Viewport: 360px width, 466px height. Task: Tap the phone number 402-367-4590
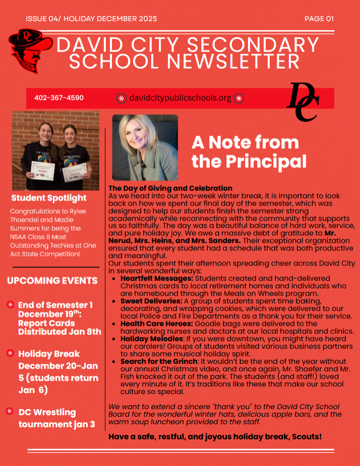pyautogui.click(x=59, y=98)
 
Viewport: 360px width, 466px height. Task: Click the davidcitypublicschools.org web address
pyautogui.click(x=180, y=98)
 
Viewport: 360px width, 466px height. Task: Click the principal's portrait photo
pyautogui.click(x=145, y=147)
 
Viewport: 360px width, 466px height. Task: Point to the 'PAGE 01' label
pyautogui.click(x=319, y=19)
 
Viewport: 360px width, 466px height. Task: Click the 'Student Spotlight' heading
pyautogui.click(x=49, y=198)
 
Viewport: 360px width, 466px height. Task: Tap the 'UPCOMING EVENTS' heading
pyautogui.click(x=52, y=281)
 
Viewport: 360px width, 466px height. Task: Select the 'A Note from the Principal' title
pyautogui.click(x=249, y=152)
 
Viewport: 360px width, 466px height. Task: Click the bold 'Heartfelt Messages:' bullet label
pyautogui.click(x=157, y=278)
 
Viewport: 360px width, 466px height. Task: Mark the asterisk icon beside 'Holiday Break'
pyautogui.click(x=10, y=353)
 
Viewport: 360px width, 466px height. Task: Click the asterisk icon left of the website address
pyautogui.click(x=122, y=98)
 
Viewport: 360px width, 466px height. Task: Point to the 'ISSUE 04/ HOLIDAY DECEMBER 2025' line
pyautogui.click(x=91, y=19)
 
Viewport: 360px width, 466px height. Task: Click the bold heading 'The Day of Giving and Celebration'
pyautogui.click(x=170, y=188)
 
